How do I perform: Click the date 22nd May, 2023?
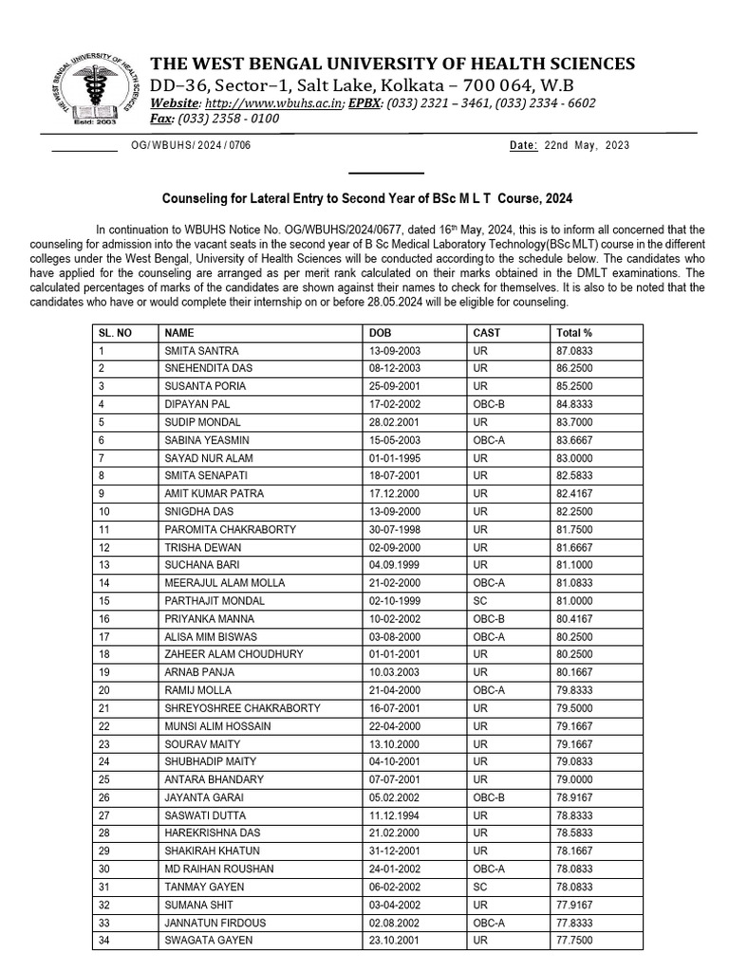pos(583,146)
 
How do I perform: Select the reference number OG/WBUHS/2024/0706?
pos(191,146)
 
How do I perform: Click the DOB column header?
pos(380,333)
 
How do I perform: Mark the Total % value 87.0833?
pos(573,351)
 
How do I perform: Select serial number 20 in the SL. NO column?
pos(104,690)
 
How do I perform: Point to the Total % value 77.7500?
pos(573,941)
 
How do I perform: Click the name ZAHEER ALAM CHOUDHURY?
pos(234,654)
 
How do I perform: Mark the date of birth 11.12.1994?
pos(393,815)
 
